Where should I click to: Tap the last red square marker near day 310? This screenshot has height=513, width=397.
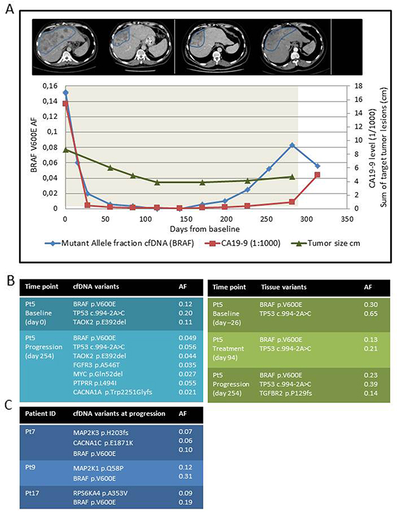[x=318, y=174]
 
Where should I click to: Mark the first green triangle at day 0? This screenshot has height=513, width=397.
[x=65, y=149]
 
